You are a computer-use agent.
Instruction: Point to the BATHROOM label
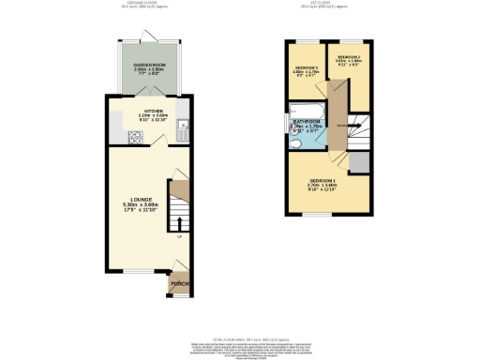306,123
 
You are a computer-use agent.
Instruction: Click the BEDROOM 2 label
349,58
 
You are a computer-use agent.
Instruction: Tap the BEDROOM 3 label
307,69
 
